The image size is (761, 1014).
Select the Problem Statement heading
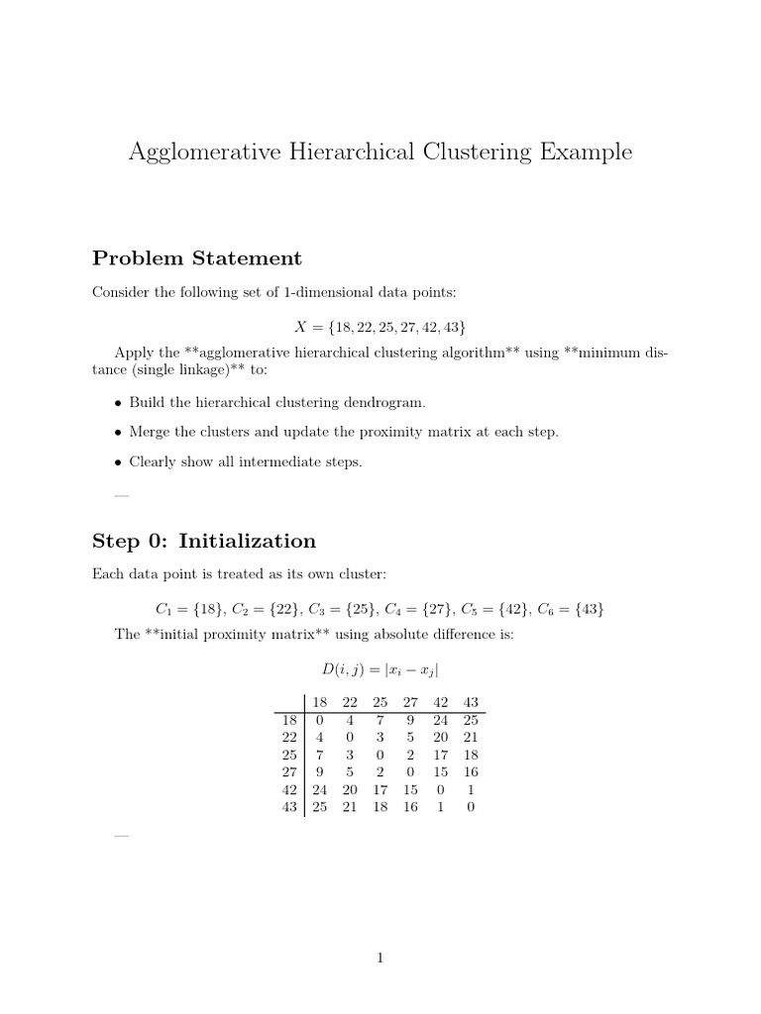pos(196,258)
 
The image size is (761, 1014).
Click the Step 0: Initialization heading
pos(203,541)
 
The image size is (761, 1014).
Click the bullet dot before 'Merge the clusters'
pos(119,433)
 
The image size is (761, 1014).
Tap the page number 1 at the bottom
pos(380,958)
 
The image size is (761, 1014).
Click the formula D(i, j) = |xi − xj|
pos(380,669)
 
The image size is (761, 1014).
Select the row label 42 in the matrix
pos(290,789)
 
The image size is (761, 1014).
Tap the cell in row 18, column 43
pos(471,720)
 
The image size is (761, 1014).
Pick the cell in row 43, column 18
pos(319,807)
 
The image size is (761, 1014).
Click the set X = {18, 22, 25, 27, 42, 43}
pos(380,327)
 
